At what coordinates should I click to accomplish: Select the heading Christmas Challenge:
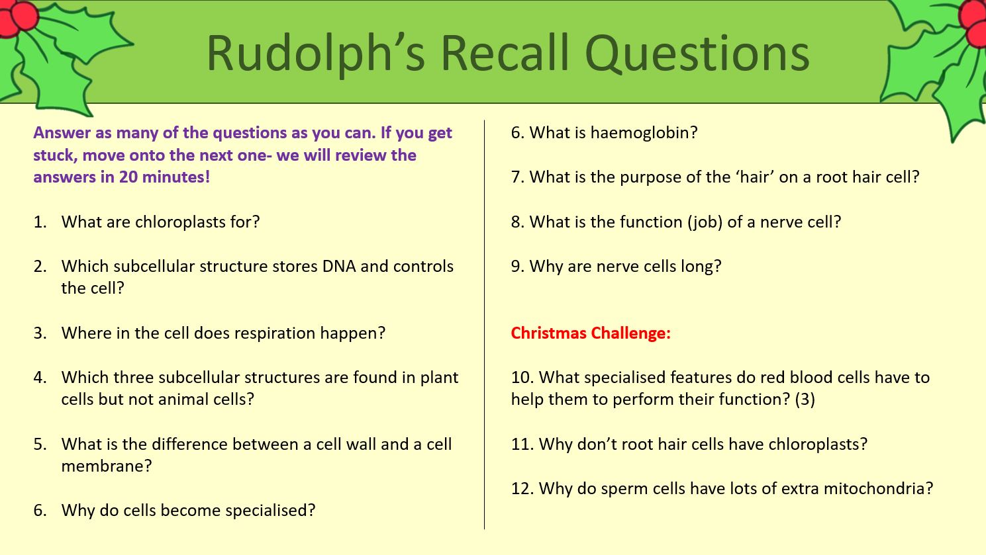point(591,333)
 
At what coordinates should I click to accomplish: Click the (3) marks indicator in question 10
point(805,399)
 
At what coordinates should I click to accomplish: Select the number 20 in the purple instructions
point(128,177)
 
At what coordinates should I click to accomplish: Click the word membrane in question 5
point(106,466)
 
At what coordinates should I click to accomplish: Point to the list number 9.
point(517,266)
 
